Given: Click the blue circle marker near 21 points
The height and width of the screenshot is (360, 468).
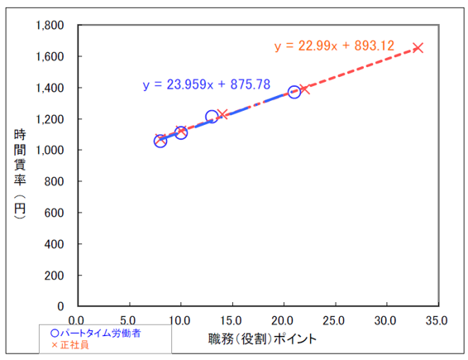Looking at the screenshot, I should (x=294, y=92).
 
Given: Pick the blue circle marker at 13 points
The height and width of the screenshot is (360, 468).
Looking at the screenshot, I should (x=212, y=117).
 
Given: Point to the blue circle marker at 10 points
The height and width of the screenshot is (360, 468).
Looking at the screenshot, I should (x=180, y=132).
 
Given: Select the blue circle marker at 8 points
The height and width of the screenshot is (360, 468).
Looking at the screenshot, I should (x=160, y=141).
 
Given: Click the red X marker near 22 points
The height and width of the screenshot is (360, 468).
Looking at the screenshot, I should (x=304, y=89).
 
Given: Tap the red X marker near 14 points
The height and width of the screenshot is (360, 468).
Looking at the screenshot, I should (x=222, y=113).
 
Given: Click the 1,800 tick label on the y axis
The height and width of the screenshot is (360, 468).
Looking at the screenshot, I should (x=51, y=25).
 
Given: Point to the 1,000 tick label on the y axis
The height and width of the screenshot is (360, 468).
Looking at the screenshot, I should (x=51, y=150).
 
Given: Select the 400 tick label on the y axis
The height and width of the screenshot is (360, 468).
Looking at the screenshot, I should (x=56, y=244).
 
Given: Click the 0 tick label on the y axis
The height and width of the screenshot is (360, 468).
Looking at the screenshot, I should (x=63, y=306).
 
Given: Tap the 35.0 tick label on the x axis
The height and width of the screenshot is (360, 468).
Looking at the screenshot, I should (x=437, y=320).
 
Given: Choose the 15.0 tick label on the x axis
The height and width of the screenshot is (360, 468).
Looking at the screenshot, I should (x=232, y=320).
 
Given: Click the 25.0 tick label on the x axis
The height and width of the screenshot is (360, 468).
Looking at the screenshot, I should (x=335, y=320).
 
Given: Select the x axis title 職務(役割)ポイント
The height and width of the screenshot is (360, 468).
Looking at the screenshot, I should (x=263, y=339).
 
